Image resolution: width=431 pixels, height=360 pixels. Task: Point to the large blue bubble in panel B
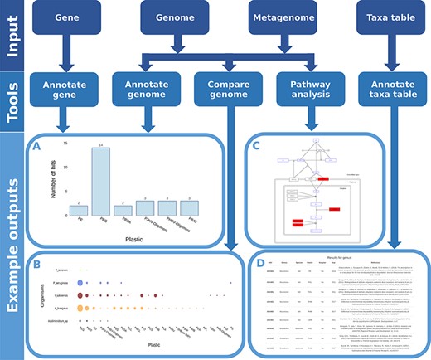click(80, 283)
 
